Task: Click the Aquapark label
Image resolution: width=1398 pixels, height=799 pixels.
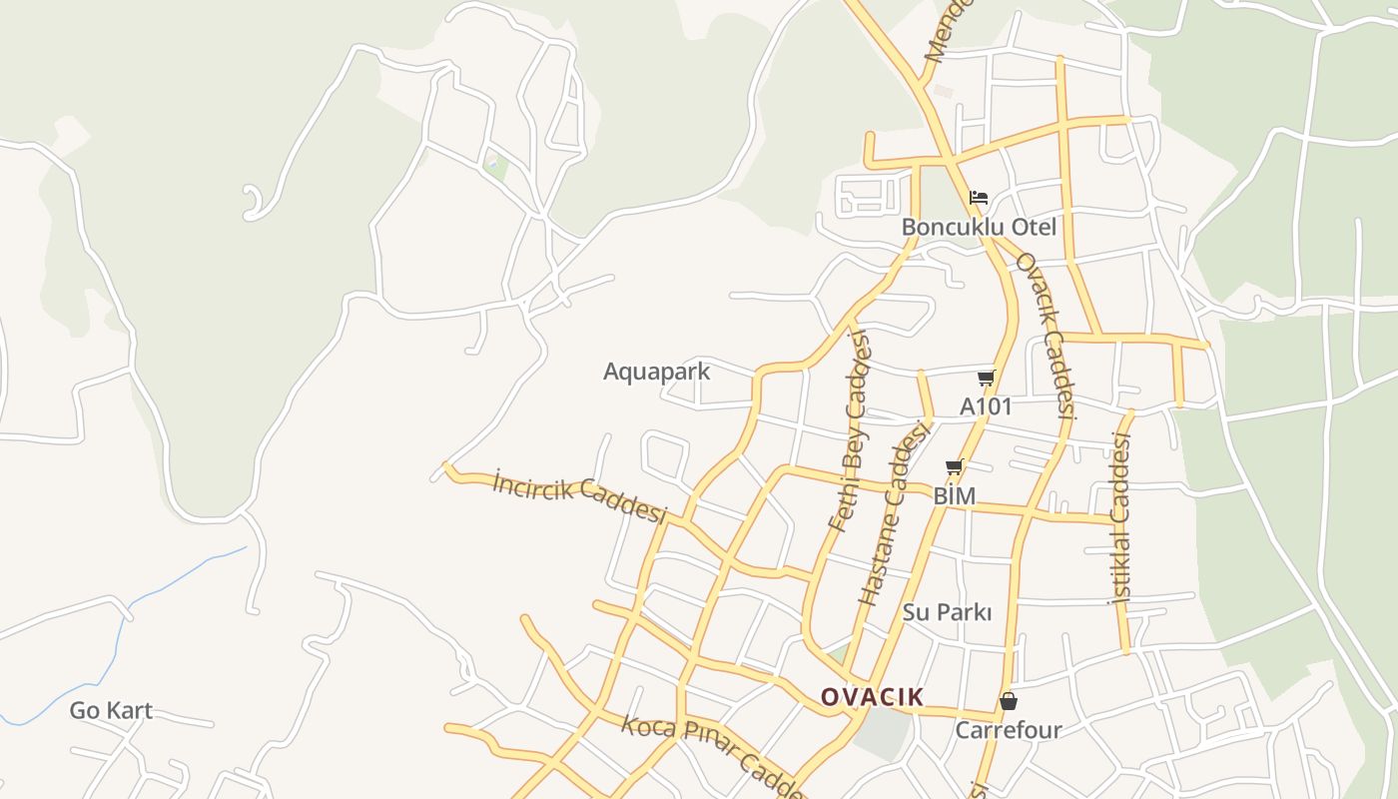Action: coord(656,372)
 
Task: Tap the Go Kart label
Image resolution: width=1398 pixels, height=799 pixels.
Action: coord(111,711)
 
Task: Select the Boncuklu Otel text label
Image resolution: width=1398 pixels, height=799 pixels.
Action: coord(979,227)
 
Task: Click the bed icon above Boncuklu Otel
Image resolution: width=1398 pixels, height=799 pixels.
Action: coord(979,197)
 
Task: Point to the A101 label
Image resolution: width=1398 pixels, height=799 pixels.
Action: coord(986,406)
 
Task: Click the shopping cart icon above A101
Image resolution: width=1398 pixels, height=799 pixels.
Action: coord(987,378)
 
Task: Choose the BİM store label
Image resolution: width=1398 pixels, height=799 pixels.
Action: coord(954,495)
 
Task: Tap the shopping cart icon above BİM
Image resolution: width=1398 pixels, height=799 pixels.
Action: coord(955,466)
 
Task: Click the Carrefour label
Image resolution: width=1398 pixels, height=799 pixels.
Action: coord(1009,730)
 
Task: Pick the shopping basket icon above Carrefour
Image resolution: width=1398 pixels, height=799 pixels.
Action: coord(1009,701)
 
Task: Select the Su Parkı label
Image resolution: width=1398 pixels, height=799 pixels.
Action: coord(947,612)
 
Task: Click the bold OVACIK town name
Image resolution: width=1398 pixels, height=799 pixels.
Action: coord(872,697)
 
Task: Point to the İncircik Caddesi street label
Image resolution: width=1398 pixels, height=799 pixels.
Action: coord(579,497)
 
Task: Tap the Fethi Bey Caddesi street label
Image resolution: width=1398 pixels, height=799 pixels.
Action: coord(850,429)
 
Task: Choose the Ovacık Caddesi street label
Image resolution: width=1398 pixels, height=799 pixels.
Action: coord(1046,335)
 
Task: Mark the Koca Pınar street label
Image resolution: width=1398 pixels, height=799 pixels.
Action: coord(710,755)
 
